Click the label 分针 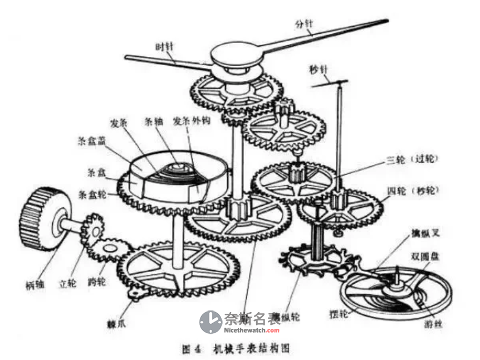[305, 24]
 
